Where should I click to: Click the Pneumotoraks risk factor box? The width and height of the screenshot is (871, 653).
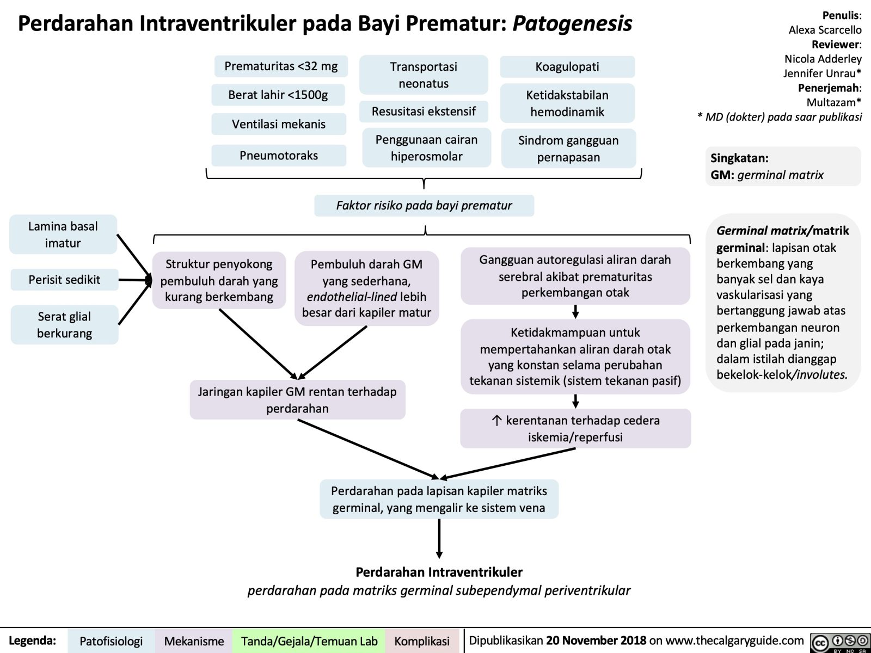pyautogui.click(x=279, y=156)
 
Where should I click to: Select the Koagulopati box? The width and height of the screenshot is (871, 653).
pyautogui.click(x=567, y=67)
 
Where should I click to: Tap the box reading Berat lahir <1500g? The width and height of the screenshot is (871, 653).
pyautogui.click(x=278, y=95)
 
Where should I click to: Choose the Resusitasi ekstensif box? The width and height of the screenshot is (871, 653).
pyautogui.click(x=424, y=112)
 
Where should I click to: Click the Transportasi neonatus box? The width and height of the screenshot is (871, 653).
pyautogui.click(x=424, y=75)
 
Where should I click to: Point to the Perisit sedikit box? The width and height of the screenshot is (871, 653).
pyautogui.click(x=64, y=280)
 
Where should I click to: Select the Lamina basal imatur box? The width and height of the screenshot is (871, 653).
pyautogui.click(x=63, y=235)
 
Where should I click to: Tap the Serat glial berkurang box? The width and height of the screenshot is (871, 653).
pyautogui.click(x=64, y=325)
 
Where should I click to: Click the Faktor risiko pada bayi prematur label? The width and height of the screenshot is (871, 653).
pyautogui.click(x=424, y=206)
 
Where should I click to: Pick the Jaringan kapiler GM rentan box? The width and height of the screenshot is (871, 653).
pyautogui.click(x=297, y=400)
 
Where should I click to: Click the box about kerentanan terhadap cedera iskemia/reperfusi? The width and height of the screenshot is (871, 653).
pyautogui.click(x=575, y=429)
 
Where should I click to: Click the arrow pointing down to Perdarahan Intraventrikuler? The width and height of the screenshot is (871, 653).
pyautogui.click(x=439, y=539)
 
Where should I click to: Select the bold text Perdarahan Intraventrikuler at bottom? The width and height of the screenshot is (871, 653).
pyautogui.click(x=439, y=572)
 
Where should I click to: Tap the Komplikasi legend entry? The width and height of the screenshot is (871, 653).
pyautogui.click(x=422, y=641)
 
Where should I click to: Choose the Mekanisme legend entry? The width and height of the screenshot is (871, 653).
pyautogui.click(x=194, y=641)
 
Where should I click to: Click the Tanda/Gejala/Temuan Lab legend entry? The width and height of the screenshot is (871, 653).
pyautogui.click(x=309, y=641)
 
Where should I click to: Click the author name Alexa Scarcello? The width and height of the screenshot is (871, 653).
pyautogui.click(x=825, y=30)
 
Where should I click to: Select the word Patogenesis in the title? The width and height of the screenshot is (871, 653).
pyautogui.click(x=572, y=23)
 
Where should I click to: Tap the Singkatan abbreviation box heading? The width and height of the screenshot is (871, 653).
pyautogui.click(x=739, y=158)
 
